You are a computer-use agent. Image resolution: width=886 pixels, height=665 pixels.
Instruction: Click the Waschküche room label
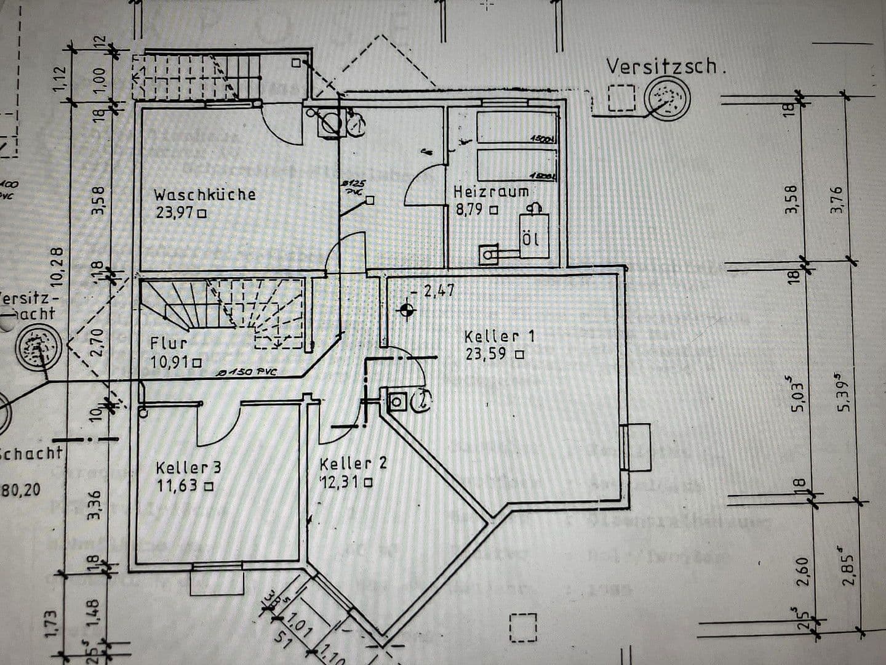click(204, 195)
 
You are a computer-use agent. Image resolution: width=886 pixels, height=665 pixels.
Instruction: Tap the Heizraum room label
click(491, 191)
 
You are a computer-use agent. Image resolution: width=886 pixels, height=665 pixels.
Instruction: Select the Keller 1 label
click(499, 336)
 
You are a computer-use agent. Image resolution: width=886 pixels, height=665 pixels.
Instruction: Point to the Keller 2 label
click(353, 464)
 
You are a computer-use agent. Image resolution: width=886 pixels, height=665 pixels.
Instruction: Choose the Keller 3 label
click(188, 467)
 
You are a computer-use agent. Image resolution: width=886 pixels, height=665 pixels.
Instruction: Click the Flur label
click(169, 343)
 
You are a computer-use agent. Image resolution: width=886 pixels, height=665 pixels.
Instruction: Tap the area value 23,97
click(175, 214)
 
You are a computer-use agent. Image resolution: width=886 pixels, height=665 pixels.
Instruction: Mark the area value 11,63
click(178, 486)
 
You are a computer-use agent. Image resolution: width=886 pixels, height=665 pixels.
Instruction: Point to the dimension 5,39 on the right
click(848, 392)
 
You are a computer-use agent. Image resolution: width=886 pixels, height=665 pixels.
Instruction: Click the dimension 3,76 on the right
click(837, 199)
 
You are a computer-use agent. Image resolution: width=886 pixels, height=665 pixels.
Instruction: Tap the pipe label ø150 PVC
click(247, 373)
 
